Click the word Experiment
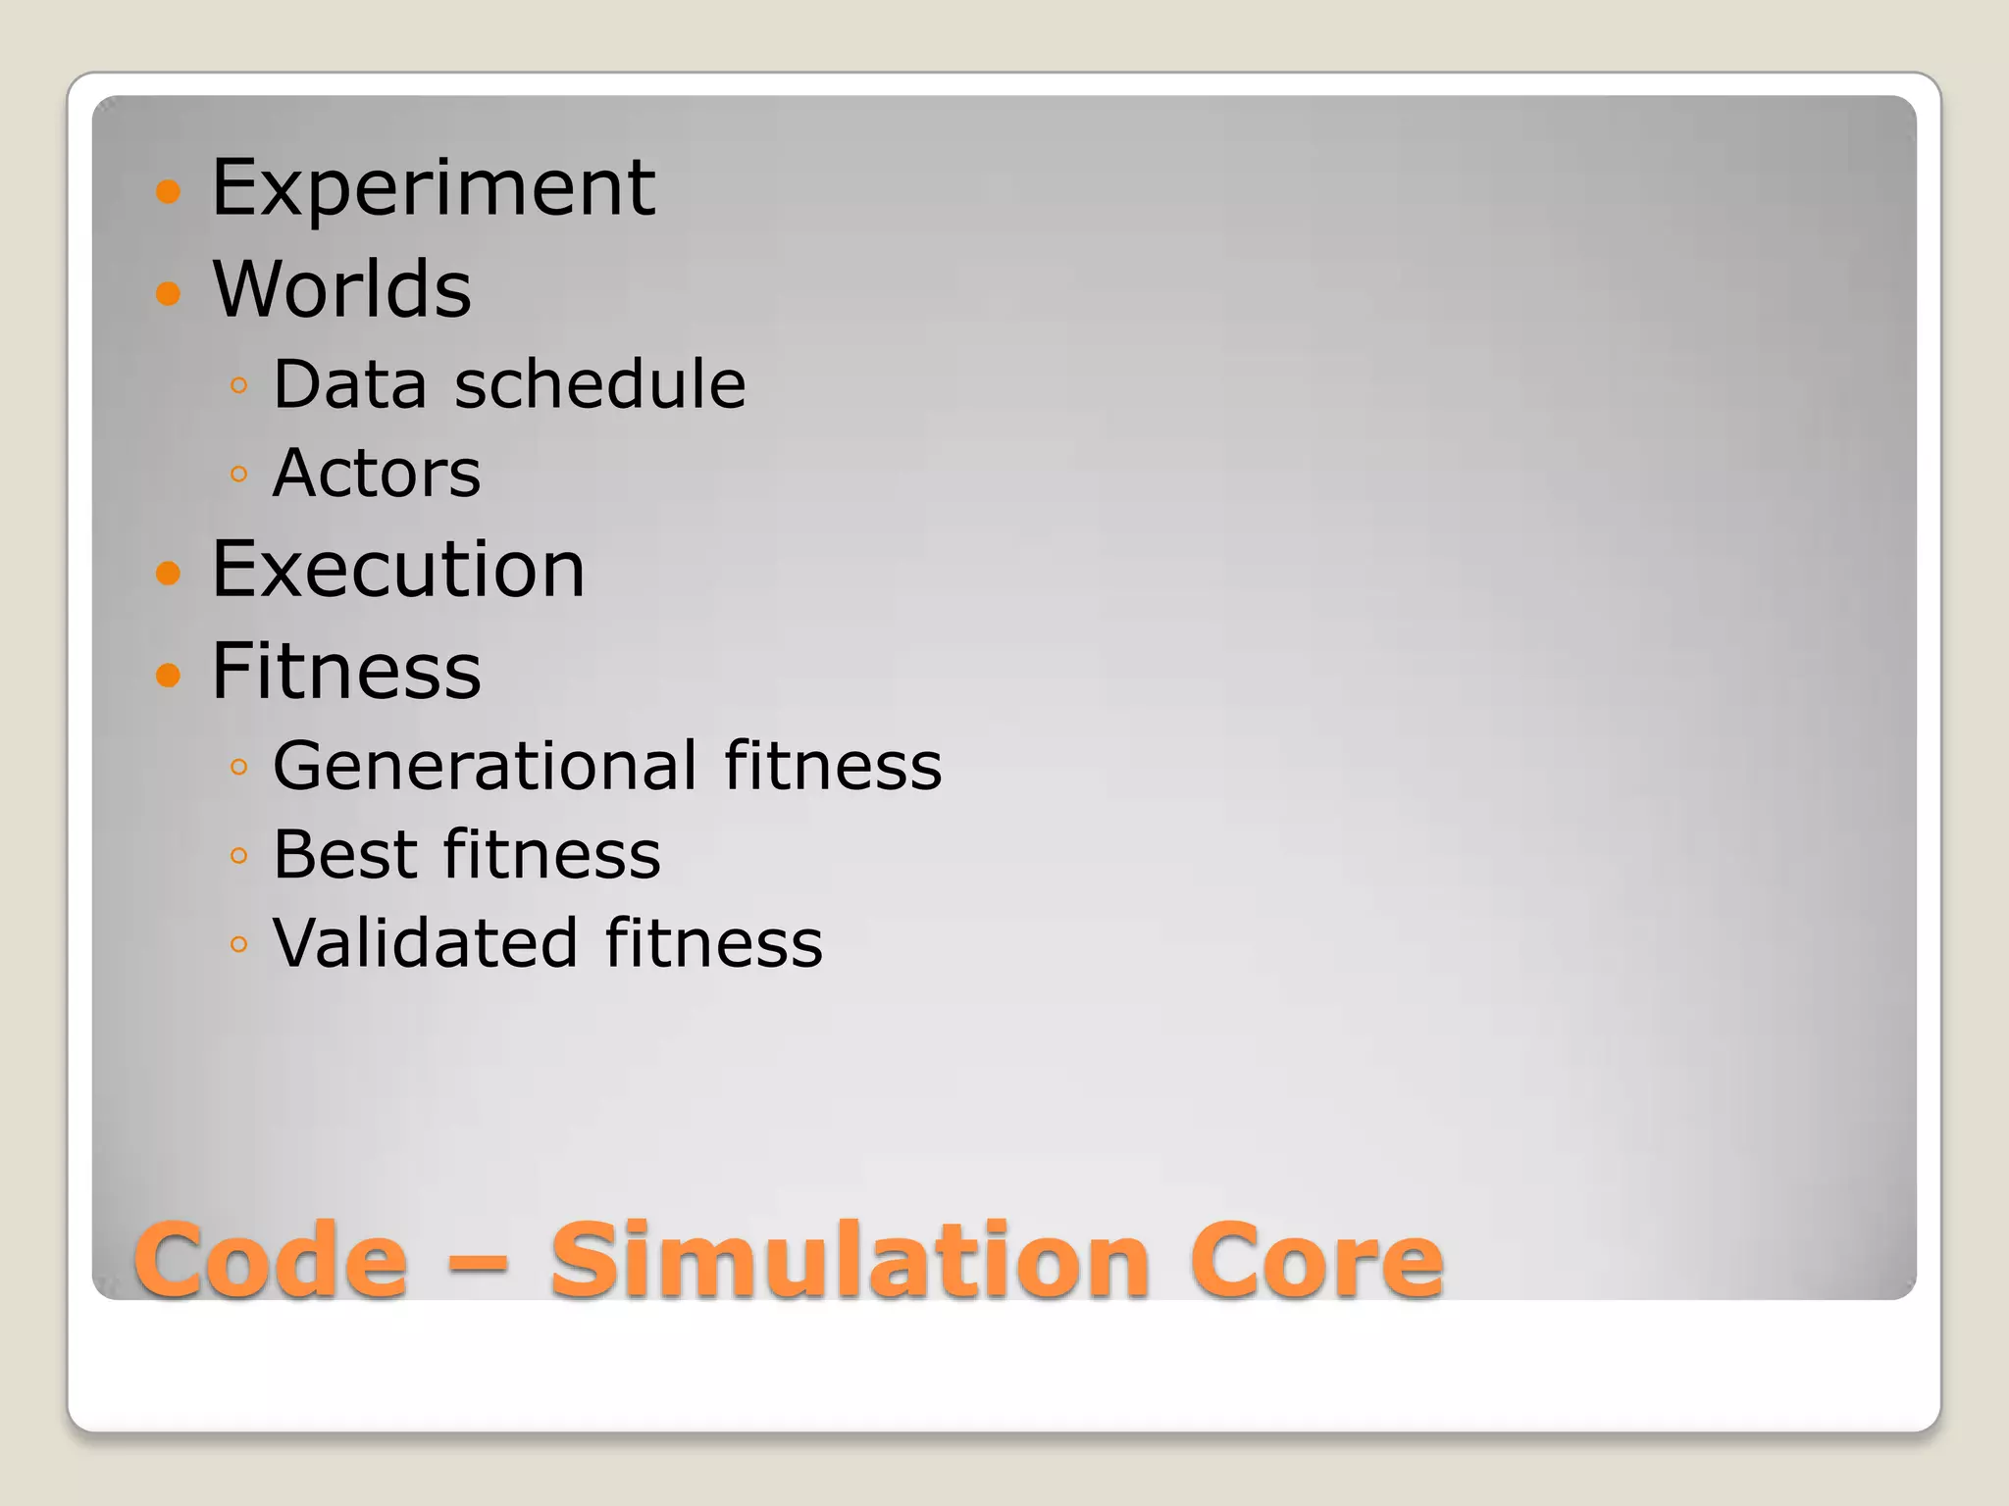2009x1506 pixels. coord(433,187)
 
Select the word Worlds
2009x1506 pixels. coord(341,289)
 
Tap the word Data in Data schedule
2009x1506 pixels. coord(350,383)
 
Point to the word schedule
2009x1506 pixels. coord(600,383)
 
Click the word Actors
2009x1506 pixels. coord(377,474)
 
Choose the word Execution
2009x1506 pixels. coord(398,570)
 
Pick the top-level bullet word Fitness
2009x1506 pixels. coord(346,672)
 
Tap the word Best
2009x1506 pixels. coord(344,855)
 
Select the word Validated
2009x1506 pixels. coord(425,943)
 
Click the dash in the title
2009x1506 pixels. coord(478,1263)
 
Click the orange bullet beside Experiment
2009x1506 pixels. coord(169,190)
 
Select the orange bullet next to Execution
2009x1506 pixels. coord(169,573)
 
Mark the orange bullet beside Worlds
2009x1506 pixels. coord(169,292)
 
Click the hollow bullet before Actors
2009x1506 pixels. coord(238,476)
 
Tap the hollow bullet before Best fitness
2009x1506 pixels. coord(238,856)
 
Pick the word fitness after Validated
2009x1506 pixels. coord(713,943)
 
